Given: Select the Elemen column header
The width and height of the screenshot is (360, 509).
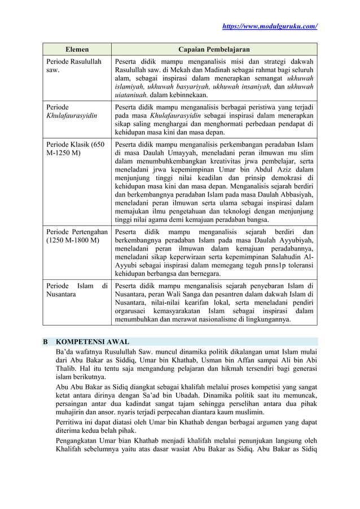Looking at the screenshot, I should [x=76, y=50].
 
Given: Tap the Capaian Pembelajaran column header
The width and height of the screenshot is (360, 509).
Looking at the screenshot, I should [x=214, y=50].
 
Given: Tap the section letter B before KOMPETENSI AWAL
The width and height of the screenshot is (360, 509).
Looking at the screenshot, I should [x=46, y=342].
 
